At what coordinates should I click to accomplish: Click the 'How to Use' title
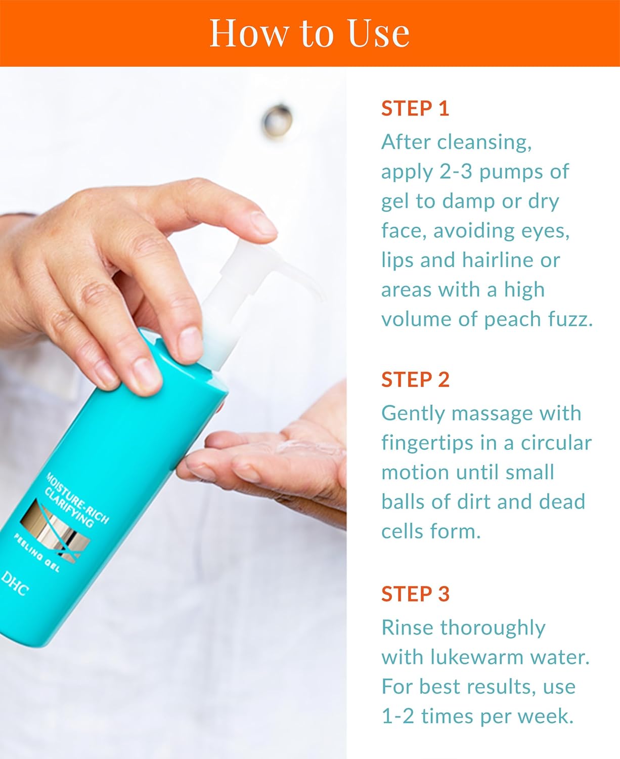309,33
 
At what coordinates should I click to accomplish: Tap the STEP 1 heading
415,109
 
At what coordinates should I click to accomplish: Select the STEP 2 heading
415,379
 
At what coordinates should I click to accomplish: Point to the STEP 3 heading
415,594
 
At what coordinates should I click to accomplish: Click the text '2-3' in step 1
456,172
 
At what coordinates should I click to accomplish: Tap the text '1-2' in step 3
397,716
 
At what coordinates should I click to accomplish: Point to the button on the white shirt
277,120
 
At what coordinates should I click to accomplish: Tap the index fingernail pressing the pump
264,223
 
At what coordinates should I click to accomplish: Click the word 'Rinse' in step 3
407,628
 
